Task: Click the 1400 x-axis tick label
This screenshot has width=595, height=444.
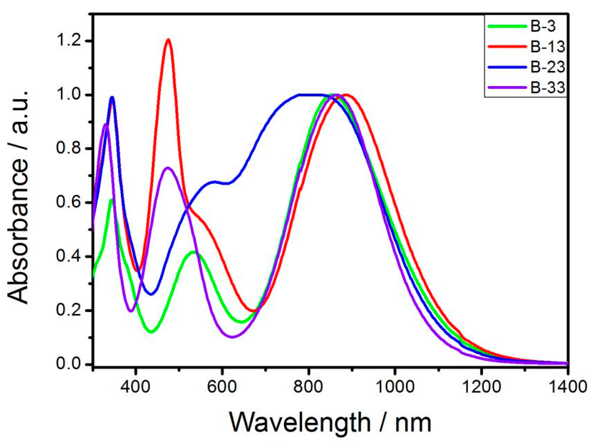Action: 566,387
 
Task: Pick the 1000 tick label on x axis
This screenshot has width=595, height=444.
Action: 394,387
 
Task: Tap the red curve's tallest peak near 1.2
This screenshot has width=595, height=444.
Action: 168,39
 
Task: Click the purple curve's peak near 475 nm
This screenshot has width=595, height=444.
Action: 168,168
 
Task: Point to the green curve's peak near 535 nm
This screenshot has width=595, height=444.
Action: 193,252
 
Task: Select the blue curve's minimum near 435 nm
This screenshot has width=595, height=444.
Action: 151,294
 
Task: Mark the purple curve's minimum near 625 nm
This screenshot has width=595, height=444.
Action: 232,337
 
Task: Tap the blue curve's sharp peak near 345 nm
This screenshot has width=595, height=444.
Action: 112,97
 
